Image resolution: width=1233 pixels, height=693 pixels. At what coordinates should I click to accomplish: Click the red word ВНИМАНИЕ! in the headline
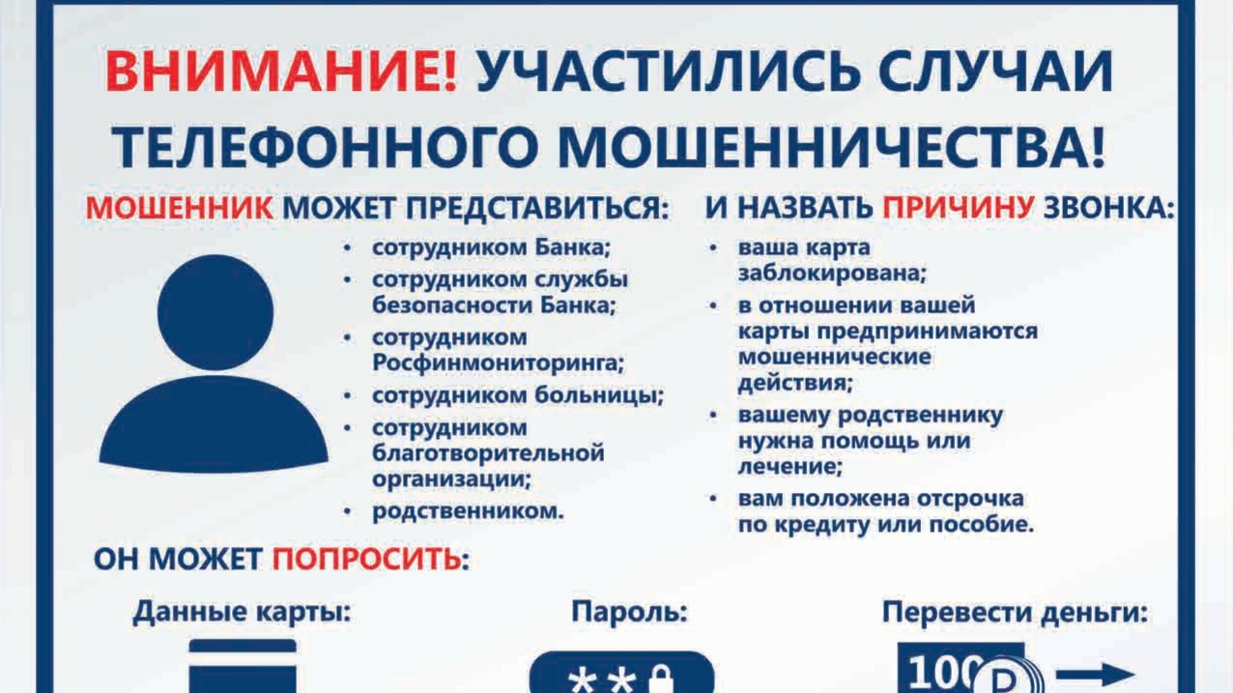281,72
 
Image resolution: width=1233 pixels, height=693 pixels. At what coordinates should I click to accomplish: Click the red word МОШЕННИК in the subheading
180,208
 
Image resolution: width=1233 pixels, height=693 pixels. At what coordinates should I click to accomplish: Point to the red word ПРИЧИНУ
959,208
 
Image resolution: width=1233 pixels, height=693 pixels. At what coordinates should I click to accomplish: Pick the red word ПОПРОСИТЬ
367,560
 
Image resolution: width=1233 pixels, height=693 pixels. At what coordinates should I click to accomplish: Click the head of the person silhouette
215,311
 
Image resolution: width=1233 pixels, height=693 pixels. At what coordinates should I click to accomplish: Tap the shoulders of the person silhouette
215,424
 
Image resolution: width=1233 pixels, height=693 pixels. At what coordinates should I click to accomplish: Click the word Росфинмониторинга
499,363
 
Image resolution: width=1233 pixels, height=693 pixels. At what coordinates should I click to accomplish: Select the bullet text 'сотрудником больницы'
517,395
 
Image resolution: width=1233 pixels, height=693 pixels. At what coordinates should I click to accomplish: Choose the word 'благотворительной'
488,453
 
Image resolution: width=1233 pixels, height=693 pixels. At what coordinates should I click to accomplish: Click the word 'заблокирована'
832,273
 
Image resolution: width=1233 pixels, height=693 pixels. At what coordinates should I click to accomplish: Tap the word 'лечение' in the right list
789,467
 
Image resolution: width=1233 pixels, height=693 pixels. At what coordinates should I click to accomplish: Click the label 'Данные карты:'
243,612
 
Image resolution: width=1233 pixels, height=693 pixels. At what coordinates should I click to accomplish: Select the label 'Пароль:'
630,612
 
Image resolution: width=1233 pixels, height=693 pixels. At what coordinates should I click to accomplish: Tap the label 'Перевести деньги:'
1016,612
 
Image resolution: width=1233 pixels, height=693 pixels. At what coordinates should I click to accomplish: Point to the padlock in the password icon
661,679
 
